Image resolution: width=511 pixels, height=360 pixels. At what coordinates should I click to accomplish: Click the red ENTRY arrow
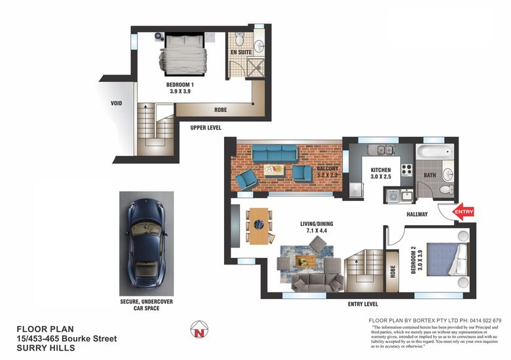[463, 211]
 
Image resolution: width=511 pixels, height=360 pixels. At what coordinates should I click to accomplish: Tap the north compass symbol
[199, 329]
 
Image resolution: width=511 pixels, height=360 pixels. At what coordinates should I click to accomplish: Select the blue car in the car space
[146, 243]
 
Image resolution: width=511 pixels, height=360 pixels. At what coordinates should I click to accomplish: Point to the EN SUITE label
[241, 52]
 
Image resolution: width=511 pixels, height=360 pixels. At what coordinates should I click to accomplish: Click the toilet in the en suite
[240, 39]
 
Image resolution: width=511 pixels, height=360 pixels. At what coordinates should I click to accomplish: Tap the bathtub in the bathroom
[434, 152]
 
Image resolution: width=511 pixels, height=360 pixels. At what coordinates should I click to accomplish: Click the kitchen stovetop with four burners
[407, 170]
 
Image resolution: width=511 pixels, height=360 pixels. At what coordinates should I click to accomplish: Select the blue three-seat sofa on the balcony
[274, 153]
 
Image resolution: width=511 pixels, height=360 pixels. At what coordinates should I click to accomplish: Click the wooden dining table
[259, 226]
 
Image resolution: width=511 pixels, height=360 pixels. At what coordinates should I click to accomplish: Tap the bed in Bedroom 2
[447, 259]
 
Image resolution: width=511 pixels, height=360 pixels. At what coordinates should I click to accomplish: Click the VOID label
[117, 103]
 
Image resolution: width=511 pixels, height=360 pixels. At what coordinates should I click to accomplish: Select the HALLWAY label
[417, 214]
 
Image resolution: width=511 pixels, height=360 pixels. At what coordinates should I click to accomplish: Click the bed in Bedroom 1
[184, 55]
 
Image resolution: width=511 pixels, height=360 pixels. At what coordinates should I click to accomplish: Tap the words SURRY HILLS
[46, 348]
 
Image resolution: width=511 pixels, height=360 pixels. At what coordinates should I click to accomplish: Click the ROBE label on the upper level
[220, 110]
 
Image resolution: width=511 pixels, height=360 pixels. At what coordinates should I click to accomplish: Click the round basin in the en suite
[259, 46]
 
